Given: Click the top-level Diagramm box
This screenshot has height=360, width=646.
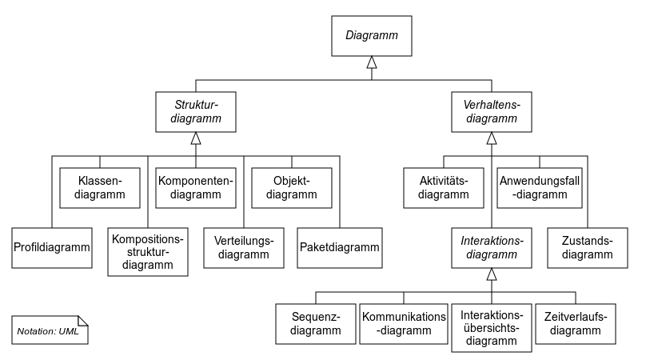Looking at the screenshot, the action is click(372, 36).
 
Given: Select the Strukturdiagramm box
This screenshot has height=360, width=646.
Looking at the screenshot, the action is click(196, 112).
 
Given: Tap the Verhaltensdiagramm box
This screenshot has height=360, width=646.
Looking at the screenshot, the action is click(492, 112).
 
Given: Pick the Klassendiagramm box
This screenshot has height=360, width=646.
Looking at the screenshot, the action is click(100, 188).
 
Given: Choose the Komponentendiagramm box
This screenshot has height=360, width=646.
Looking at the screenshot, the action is click(196, 188).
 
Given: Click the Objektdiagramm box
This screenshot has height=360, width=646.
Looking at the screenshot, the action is click(292, 188).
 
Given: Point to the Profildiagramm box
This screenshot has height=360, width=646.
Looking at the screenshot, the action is click(52, 248).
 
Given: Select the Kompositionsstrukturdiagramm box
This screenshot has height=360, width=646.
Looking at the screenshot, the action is click(148, 252).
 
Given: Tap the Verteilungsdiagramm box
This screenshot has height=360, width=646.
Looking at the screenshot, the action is click(244, 248).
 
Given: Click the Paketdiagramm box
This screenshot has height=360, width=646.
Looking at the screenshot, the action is click(340, 248).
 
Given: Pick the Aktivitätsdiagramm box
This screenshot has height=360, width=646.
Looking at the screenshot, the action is click(444, 188).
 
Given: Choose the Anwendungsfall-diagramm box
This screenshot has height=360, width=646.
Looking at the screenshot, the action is click(540, 188).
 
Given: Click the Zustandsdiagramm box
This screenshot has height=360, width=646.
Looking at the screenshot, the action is click(588, 248).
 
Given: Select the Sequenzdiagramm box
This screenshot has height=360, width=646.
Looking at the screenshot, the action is click(316, 324).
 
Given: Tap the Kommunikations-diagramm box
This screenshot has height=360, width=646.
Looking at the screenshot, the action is click(404, 324).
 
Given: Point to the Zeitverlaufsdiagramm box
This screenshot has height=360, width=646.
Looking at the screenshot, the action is click(576, 324).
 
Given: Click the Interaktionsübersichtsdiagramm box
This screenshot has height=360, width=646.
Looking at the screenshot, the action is click(492, 328).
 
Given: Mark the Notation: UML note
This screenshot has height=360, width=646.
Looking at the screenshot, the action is click(50, 330).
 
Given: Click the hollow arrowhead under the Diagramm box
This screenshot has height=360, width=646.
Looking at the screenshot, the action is click(372, 62).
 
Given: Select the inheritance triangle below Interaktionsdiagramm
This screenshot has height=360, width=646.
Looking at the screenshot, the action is click(492, 274).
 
